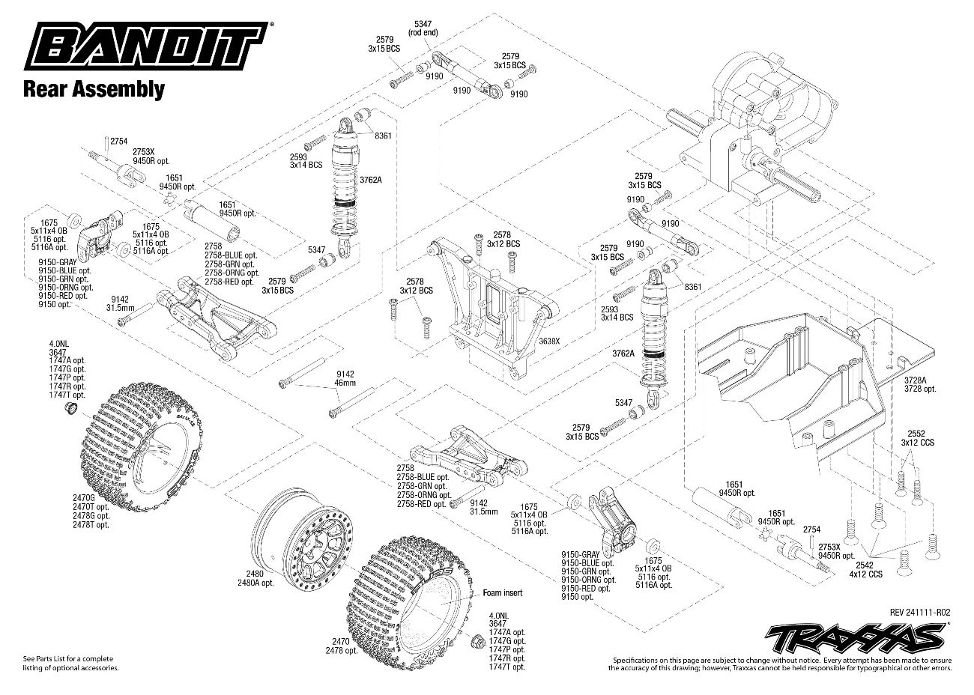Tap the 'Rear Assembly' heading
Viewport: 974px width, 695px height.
click(94, 90)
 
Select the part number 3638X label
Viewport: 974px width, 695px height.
click(549, 342)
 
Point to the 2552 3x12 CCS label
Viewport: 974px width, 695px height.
click(921, 438)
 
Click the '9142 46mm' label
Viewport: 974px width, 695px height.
click(345, 377)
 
